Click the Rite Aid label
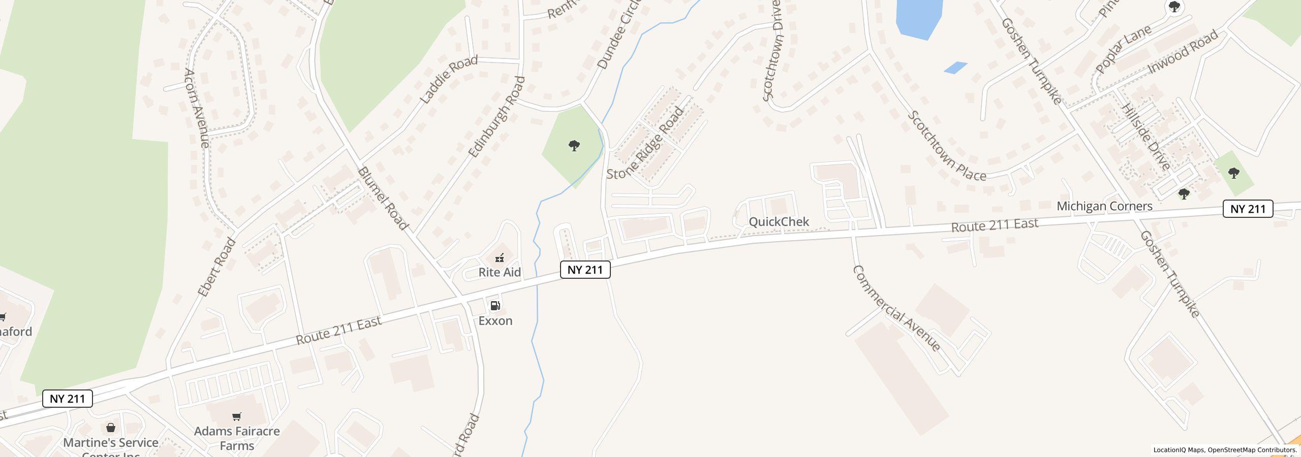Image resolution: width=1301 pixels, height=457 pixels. point(500,272)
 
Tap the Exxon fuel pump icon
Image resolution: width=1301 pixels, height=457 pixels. point(495,305)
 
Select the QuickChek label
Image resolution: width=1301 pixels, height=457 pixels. point(779,222)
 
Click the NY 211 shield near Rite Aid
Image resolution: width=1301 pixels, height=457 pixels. point(585,270)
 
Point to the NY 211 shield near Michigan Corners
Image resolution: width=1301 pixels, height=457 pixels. point(1248,209)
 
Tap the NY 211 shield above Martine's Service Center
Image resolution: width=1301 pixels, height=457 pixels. point(68,399)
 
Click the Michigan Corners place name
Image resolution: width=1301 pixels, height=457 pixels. point(1104,206)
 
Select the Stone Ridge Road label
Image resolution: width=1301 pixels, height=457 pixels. point(646,144)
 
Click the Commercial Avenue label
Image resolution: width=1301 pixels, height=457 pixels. point(896,308)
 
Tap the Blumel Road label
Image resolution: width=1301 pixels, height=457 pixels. point(383,199)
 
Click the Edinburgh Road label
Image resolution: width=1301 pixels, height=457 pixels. point(496,117)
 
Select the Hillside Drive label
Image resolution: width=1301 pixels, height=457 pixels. point(1145,137)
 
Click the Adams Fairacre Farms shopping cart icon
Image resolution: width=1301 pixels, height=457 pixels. point(236,417)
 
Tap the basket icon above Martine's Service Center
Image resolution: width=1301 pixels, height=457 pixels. point(111,428)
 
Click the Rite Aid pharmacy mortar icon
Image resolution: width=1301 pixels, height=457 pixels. point(500,257)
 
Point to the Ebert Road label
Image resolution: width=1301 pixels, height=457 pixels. point(217,267)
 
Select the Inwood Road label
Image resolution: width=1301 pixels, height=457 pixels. point(1183,51)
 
